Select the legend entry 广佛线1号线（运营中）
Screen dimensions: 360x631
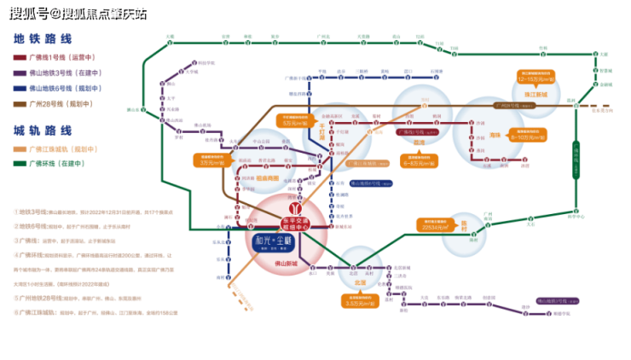tap(58, 57)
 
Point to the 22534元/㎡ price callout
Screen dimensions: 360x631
tap(440, 224)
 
